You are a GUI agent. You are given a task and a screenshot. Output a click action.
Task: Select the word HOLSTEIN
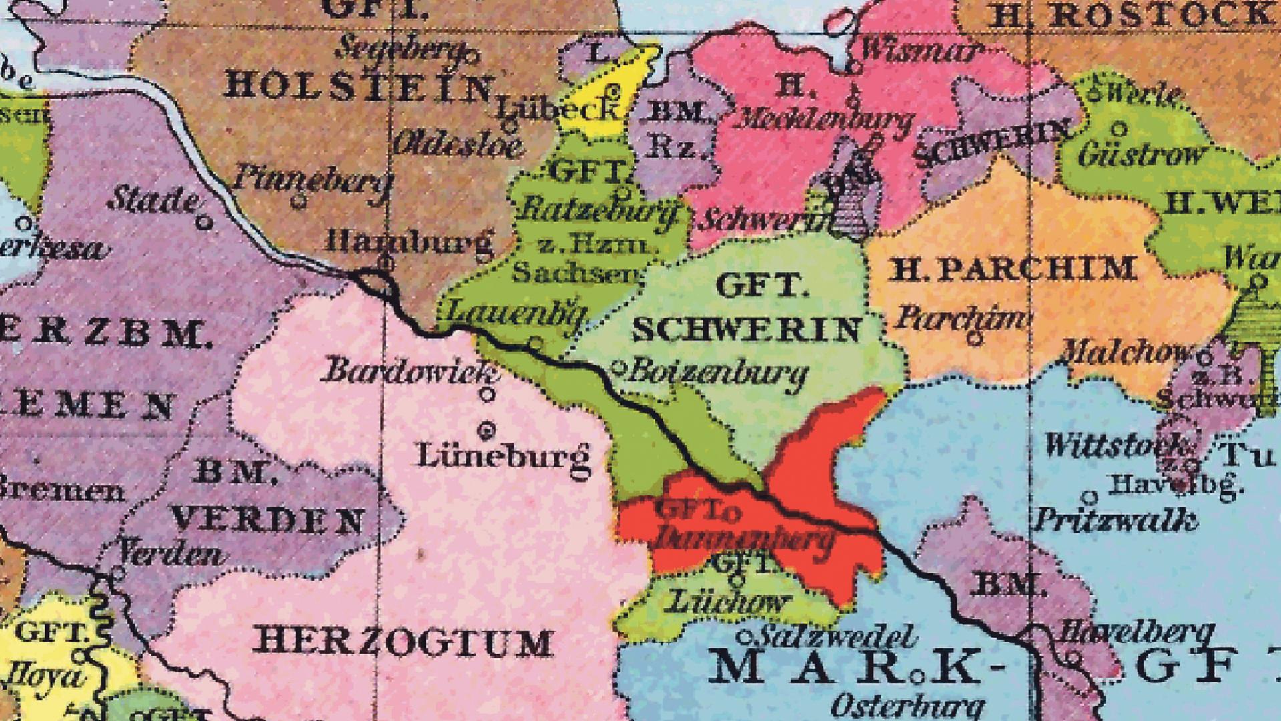pyautogui.click(x=359, y=87)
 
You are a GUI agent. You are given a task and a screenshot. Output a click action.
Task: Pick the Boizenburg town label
pyautogui.click(x=718, y=372)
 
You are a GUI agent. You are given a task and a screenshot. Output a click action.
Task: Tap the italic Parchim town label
pyautogui.click(x=961, y=318)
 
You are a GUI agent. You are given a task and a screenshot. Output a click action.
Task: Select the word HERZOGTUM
pyautogui.click(x=403, y=642)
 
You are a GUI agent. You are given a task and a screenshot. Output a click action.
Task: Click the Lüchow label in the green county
pyautogui.click(x=727, y=602)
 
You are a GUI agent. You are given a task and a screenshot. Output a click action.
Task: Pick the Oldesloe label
pyautogui.click(x=458, y=144)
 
